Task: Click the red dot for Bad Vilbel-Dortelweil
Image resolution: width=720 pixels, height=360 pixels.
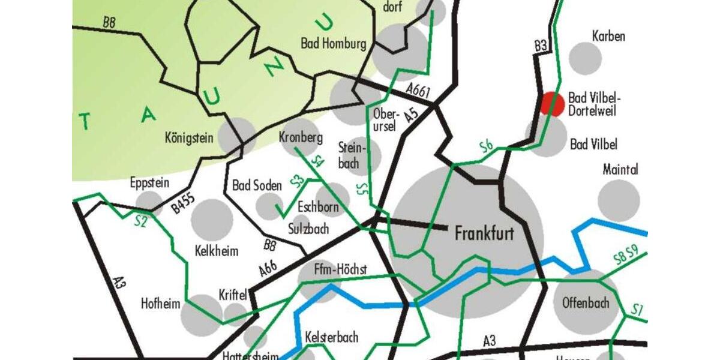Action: [x=552, y=103]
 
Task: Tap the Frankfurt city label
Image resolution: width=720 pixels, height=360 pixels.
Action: [x=484, y=233]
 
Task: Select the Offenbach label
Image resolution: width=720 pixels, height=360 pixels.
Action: [x=586, y=302]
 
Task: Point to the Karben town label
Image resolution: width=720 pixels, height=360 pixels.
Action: [x=608, y=36]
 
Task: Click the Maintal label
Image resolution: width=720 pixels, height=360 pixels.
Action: [x=620, y=170]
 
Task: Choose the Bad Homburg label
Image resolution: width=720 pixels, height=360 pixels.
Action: [x=334, y=44]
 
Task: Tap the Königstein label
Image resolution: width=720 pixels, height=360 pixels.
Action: [x=189, y=138]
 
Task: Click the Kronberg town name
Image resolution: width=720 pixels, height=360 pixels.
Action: [x=301, y=137]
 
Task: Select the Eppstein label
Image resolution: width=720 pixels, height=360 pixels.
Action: [x=149, y=182]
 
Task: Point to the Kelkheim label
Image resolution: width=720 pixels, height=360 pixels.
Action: [x=217, y=250]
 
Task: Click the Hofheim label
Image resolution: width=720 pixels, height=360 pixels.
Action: [x=160, y=304]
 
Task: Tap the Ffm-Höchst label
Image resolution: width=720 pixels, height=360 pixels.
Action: [x=340, y=270]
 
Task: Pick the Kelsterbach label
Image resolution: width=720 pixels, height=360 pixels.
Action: [x=331, y=337]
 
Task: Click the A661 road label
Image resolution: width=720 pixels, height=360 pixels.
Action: [x=418, y=90]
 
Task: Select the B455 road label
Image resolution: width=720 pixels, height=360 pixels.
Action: [x=184, y=205]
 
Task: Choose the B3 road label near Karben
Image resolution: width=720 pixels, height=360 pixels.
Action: [x=541, y=46]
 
